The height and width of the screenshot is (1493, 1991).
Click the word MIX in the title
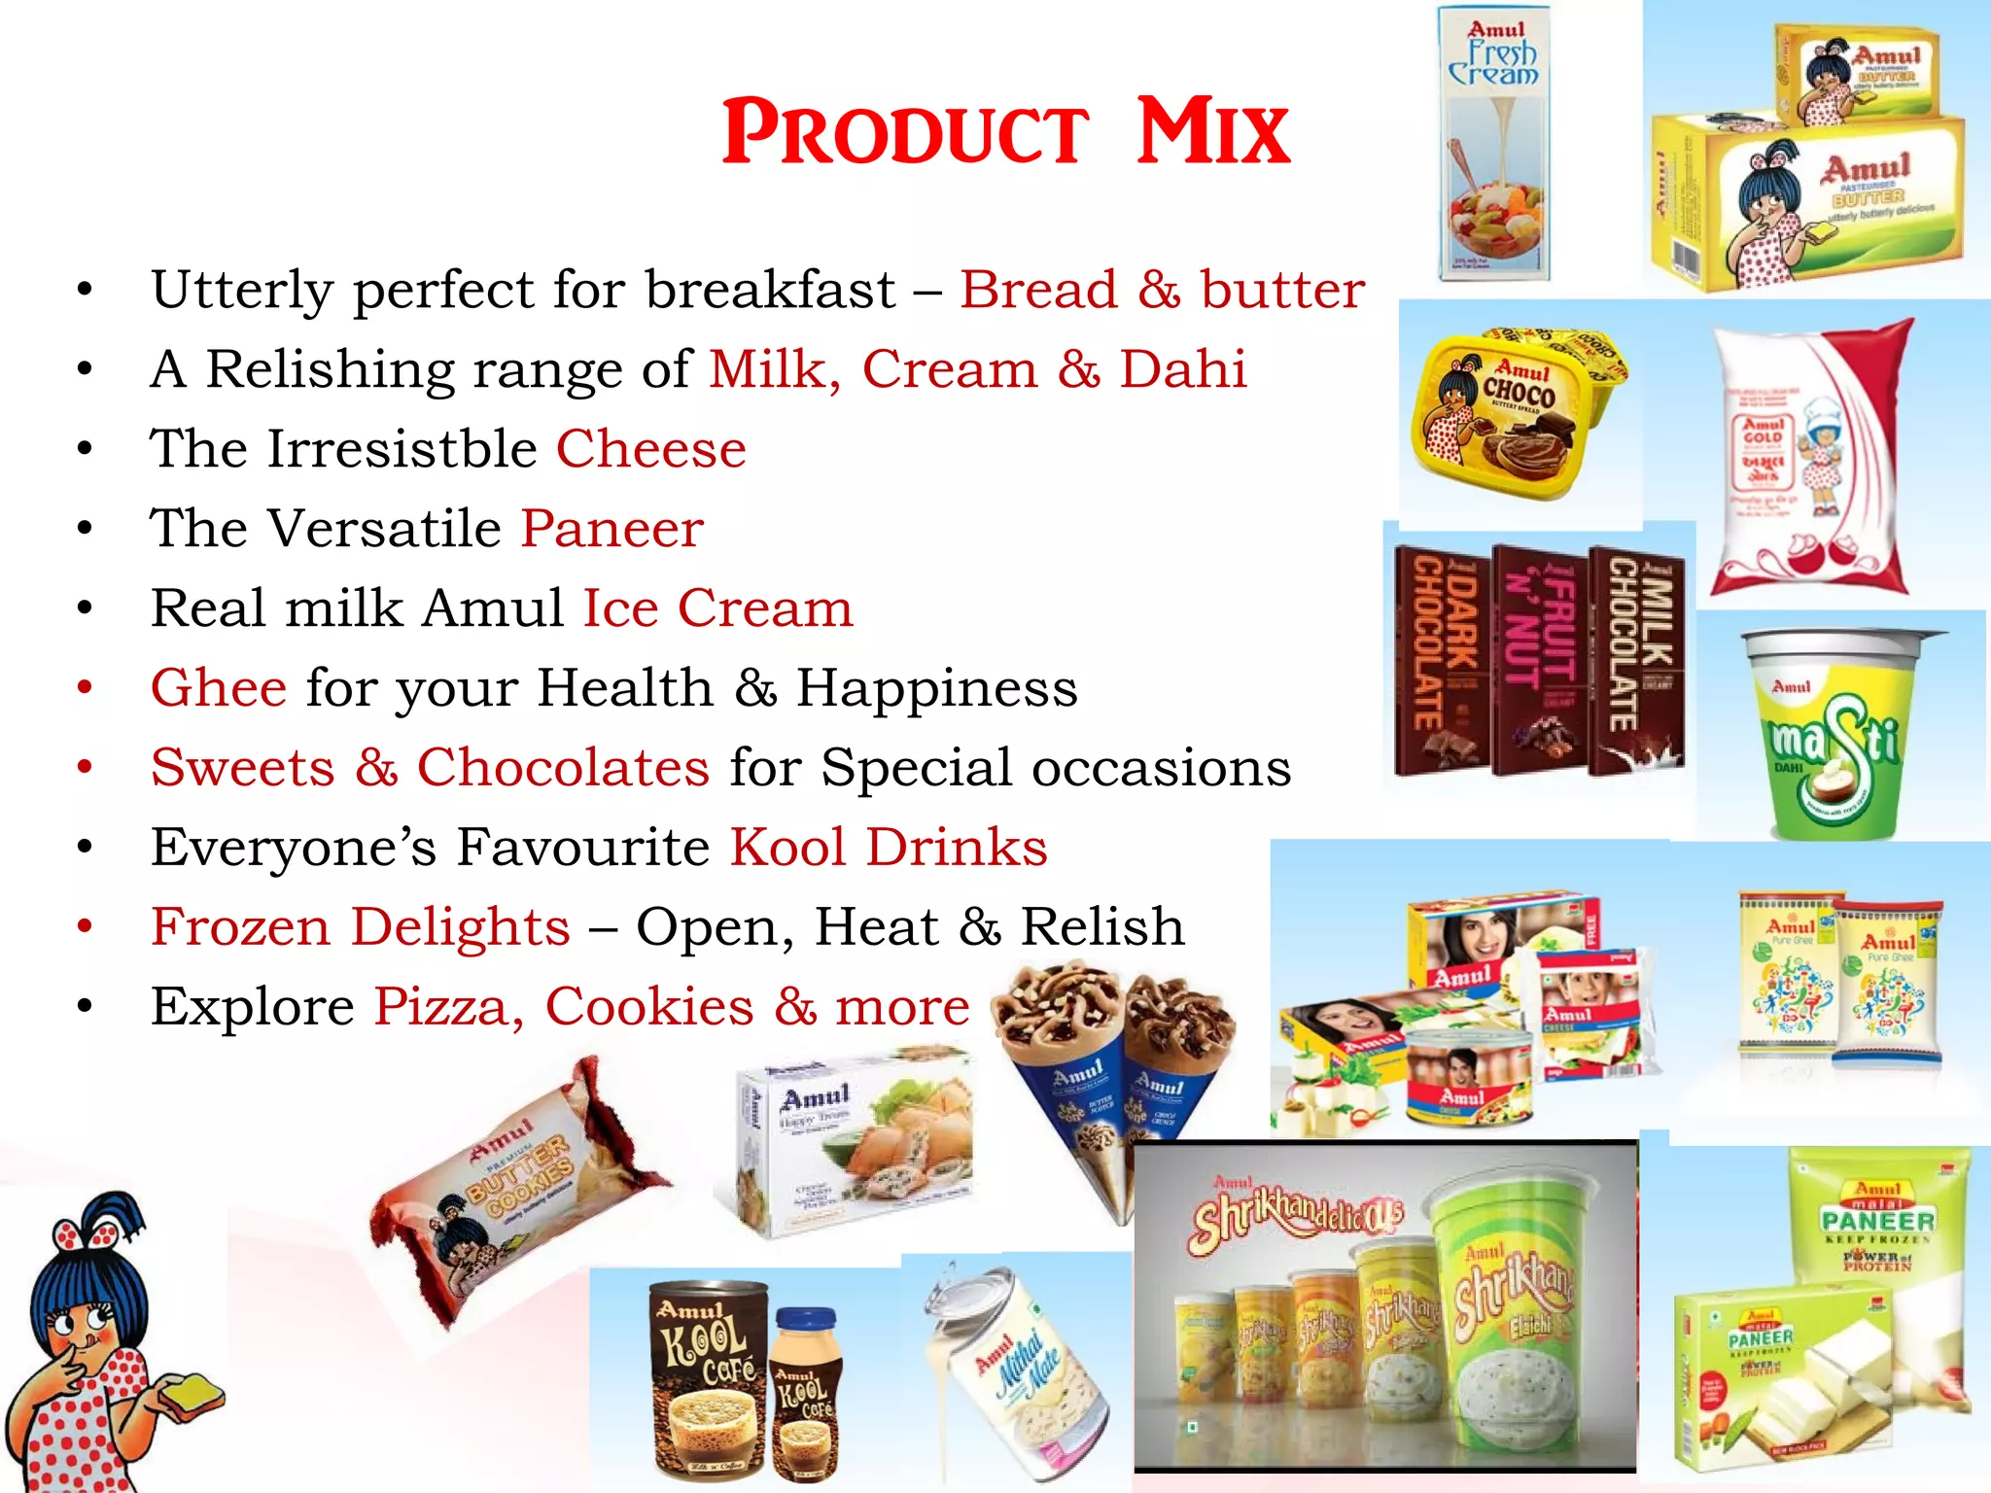pyautogui.click(x=1213, y=133)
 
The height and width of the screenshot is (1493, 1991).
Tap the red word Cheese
pyautogui.click(x=650, y=449)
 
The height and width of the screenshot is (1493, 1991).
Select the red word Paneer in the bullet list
pyautogui.click(x=611, y=529)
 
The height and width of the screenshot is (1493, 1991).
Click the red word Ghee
pyautogui.click(x=219, y=688)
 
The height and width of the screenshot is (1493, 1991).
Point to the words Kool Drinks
pyautogui.click(x=889, y=848)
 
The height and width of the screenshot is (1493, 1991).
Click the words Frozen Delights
pyautogui.click(x=361, y=927)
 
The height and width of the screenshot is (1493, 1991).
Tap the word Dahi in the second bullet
pyautogui.click(x=1182, y=369)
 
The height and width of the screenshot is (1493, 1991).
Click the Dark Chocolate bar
pyautogui.click(x=1440, y=661)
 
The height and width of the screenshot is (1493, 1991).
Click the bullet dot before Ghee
pyautogui.click(x=86, y=688)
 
